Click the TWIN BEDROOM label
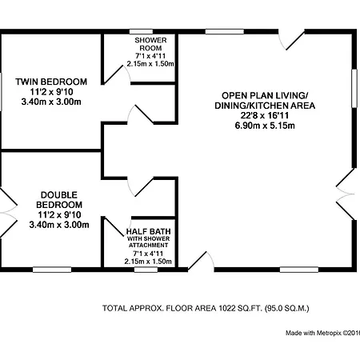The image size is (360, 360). (51, 82)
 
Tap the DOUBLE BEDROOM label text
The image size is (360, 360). (59, 200)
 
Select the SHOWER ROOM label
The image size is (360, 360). (150, 44)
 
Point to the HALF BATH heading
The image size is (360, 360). (149, 231)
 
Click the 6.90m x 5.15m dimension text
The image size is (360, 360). (265, 126)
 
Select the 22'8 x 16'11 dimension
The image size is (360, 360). (265, 115)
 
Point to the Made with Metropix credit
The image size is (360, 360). (322, 333)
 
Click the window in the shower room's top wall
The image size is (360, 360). (141, 32)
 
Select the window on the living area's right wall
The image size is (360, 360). (354, 88)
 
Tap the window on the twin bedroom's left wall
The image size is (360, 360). (1, 91)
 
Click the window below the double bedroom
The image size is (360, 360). (52, 270)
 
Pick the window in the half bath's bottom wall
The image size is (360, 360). (146, 270)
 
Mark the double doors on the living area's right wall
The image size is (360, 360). (346, 194)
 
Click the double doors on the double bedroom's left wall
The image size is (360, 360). (8, 213)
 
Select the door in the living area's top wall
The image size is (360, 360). (291, 40)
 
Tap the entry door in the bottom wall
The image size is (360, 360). (201, 262)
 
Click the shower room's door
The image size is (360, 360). (117, 74)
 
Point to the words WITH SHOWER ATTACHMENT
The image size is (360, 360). (149, 242)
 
